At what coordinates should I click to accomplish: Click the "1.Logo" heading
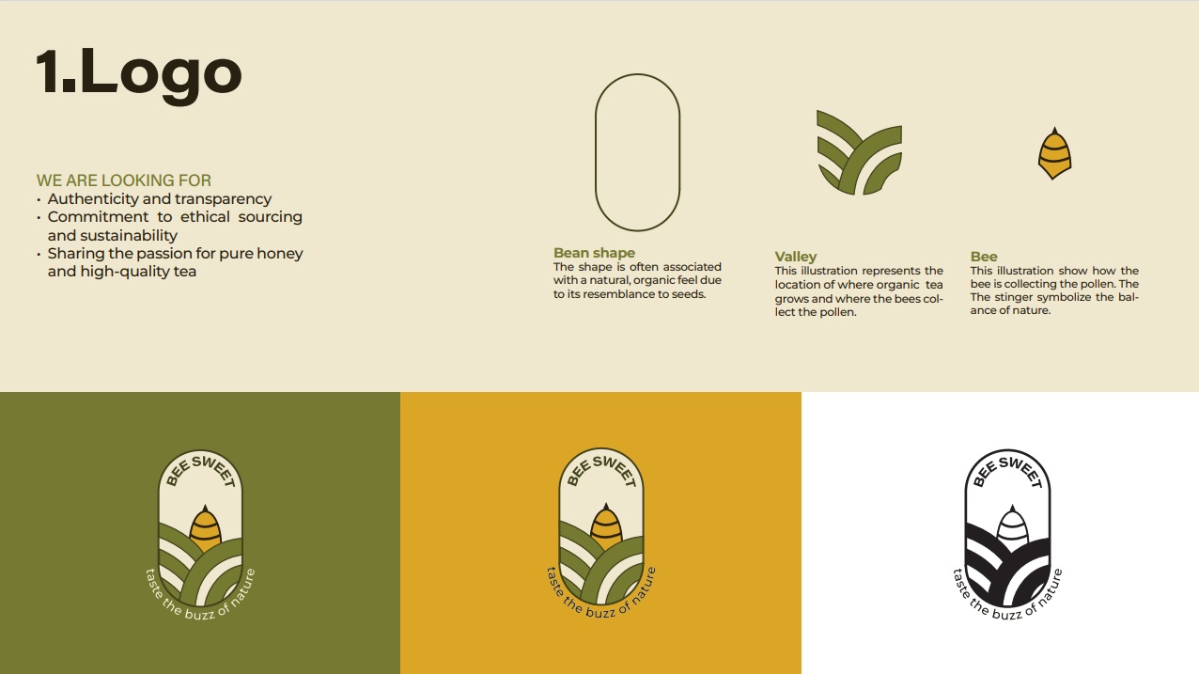click(139, 74)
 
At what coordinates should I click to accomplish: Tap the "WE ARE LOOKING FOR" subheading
click(124, 180)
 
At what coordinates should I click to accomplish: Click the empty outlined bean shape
click(595, 152)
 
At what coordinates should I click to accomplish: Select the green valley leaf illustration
click(859, 152)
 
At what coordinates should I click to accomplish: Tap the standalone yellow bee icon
click(1054, 153)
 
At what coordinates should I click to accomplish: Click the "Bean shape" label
click(594, 253)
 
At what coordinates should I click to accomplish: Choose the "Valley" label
click(795, 257)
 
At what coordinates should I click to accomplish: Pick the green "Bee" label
click(984, 257)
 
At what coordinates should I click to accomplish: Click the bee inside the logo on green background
click(205, 528)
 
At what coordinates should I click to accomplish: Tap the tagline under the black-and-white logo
click(1007, 599)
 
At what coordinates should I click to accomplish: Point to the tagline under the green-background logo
click(200, 599)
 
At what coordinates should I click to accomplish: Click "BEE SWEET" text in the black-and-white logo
click(1007, 471)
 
